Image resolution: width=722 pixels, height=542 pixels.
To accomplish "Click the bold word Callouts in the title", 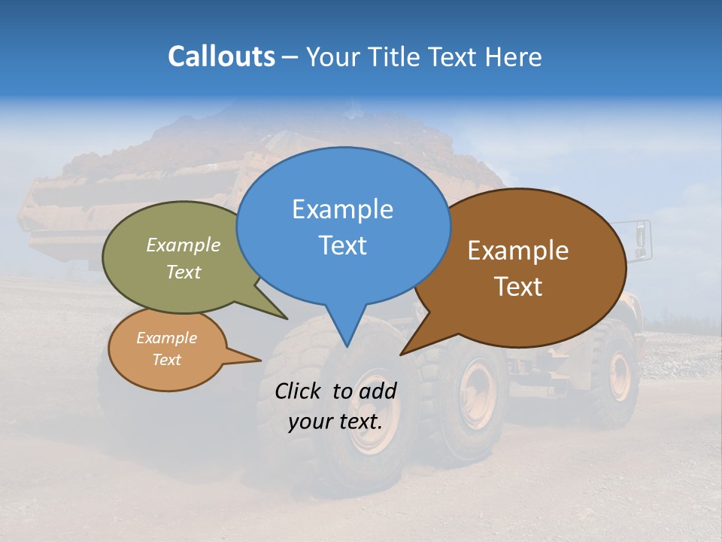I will click(221, 56).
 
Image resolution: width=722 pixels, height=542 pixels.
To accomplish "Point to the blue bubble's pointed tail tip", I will click(347, 347).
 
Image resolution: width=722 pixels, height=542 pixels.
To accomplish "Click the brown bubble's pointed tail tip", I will click(401, 355).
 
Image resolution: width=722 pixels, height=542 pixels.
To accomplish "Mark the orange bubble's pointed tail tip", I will click(260, 360).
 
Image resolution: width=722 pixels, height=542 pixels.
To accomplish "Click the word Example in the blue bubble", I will click(342, 209).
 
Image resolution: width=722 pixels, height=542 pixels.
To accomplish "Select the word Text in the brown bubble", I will click(519, 287).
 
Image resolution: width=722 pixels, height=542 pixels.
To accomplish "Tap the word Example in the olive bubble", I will click(184, 245).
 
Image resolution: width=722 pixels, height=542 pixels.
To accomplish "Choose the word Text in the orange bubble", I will click(167, 360).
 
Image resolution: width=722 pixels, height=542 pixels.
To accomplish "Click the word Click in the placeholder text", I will click(299, 391).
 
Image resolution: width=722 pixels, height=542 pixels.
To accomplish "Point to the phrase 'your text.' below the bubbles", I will click(335, 422).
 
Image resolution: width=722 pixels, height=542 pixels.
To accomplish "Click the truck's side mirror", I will click(640, 236).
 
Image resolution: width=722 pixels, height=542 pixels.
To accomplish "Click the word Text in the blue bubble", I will click(342, 245).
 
